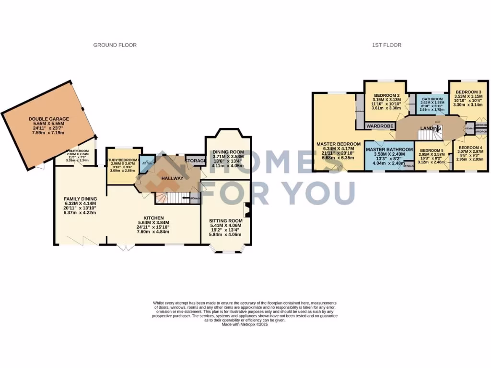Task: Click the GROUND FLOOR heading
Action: click(x=115, y=45)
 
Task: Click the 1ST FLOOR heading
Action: click(x=386, y=45)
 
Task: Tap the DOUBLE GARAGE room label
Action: click(x=48, y=119)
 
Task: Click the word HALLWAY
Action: click(x=172, y=179)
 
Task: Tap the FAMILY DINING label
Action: click(x=81, y=199)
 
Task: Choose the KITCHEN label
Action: click(x=152, y=218)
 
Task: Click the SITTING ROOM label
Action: click(x=225, y=221)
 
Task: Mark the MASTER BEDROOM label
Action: click(x=338, y=144)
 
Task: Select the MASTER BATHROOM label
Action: click(x=389, y=149)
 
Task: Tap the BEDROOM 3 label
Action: click(x=468, y=92)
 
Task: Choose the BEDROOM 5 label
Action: click(x=430, y=149)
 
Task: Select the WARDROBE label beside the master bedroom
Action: click(x=380, y=126)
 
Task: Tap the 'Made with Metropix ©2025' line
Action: click(x=245, y=324)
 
